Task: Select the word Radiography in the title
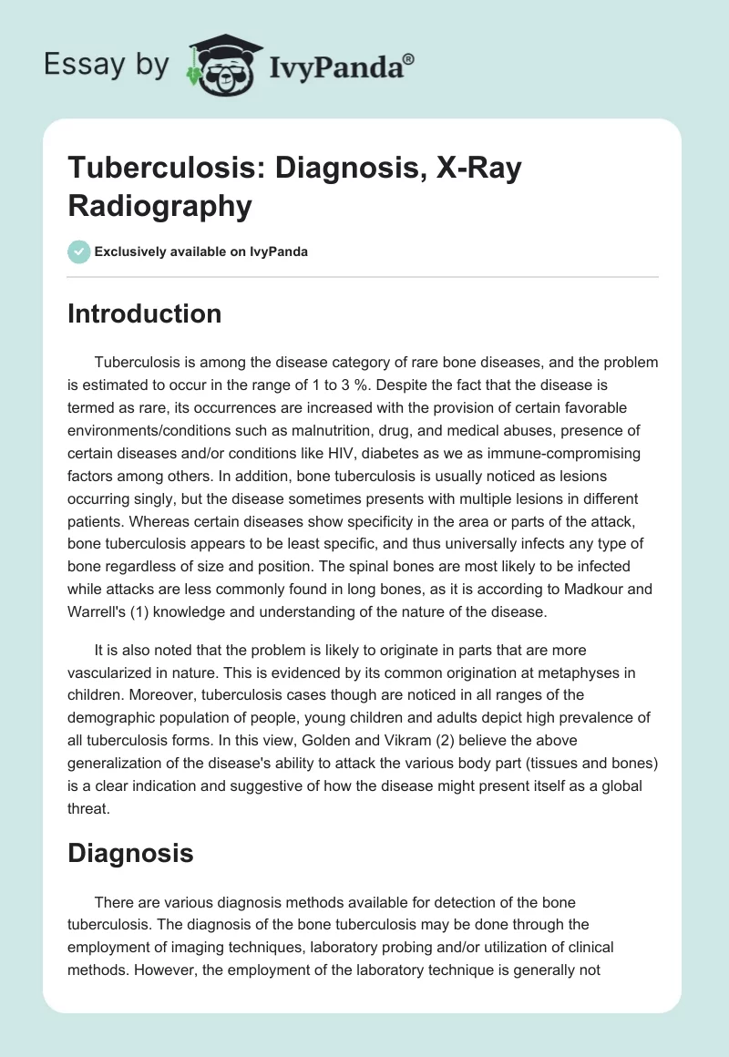point(160,205)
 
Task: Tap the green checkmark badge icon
point(78,251)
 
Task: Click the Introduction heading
point(145,313)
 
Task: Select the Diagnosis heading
point(130,853)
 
